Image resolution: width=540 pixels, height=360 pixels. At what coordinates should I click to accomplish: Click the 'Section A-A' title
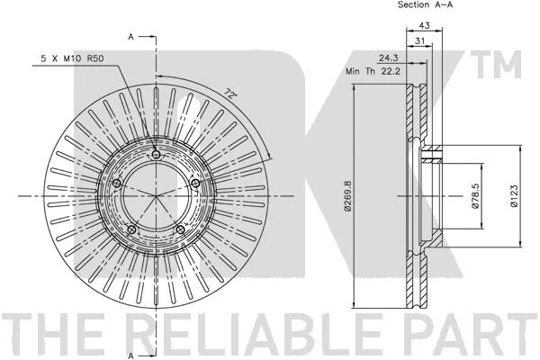[x=425, y=4]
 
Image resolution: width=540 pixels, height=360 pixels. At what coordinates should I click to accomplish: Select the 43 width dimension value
[x=424, y=25]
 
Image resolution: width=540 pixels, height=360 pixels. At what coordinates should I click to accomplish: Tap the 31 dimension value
[x=419, y=41]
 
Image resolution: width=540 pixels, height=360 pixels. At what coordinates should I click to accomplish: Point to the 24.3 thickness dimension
[x=389, y=58]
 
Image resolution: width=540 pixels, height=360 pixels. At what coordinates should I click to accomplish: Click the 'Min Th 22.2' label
[x=373, y=71]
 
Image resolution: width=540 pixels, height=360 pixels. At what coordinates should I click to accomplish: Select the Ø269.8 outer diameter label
[x=347, y=195]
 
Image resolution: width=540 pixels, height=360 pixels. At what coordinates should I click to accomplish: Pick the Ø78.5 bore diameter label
[x=475, y=195]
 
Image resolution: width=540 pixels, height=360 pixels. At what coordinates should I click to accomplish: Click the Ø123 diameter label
[x=514, y=195]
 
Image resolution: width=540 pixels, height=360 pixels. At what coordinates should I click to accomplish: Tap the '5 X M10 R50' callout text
[x=72, y=58]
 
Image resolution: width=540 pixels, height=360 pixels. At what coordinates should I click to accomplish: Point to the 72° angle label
[x=229, y=94]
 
